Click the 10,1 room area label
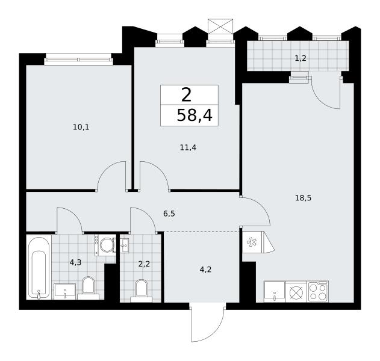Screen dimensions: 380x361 (81, 127)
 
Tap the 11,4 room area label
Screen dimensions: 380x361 (188, 147)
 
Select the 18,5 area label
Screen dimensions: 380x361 (303, 198)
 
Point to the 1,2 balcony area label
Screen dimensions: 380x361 (301, 58)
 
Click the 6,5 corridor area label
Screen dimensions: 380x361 (169, 214)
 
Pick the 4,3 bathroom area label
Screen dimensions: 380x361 (75, 262)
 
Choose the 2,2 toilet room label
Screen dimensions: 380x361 (144, 264)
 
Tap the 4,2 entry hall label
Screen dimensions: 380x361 (206, 269)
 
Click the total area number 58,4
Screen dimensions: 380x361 (195, 116)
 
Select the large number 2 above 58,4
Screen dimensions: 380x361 (186, 95)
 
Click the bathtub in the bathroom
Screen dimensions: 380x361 (39, 267)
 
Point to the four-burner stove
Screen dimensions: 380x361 (318, 291)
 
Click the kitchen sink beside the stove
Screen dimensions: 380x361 (275, 291)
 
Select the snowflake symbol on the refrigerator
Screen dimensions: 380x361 (252, 242)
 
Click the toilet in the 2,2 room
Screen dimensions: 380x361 (142, 291)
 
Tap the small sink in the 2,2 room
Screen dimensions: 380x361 (125, 245)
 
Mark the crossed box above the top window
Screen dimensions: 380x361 (220, 26)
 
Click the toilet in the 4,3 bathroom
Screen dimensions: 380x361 (88, 288)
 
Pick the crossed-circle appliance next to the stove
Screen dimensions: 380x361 (296, 291)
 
